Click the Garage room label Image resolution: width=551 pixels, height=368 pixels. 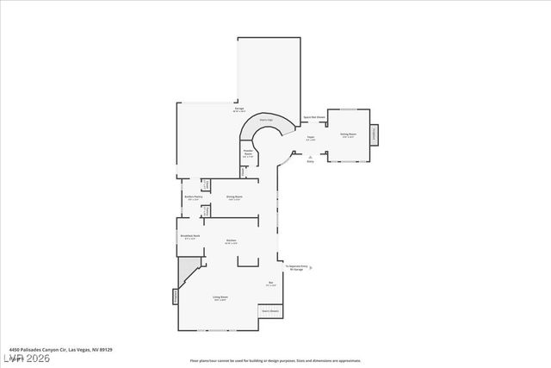[x=238, y=109]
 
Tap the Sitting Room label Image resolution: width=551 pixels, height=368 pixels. [x=348, y=134]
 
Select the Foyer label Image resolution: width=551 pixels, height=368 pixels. [x=311, y=137]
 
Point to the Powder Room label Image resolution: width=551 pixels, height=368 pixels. [x=248, y=154]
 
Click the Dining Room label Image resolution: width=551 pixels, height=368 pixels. [x=234, y=197]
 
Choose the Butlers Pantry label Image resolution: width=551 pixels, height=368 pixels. [x=193, y=197]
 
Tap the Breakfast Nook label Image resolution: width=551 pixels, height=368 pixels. [x=190, y=237]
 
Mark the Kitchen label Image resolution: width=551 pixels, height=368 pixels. [x=232, y=240]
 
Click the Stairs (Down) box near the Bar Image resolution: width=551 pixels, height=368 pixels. [x=270, y=310]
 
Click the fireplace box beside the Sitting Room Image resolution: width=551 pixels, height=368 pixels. [x=374, y=135]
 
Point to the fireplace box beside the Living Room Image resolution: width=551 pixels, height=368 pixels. [x=176, y=296]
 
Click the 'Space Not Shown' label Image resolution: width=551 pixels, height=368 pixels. [x=313, y=116]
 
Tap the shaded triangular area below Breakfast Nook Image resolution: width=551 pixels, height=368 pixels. [x=187, y=276]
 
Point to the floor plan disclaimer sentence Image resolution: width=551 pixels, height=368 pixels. [x=275, y=361]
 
